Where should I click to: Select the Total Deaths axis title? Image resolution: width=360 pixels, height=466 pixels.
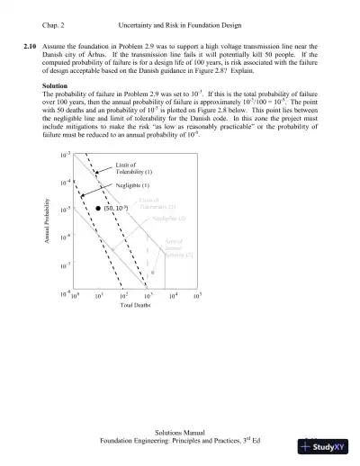point(137,305)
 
